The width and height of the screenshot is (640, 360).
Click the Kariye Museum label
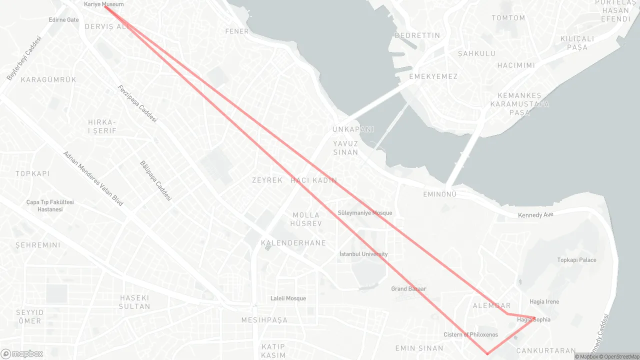[x=103, y=4]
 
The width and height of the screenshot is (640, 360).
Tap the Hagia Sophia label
[x=533, y=319]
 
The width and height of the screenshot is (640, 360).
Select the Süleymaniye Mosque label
[x=365, y=213]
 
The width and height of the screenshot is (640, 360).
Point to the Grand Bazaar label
[x=408, y=289]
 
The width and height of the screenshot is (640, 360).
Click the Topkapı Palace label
[x=576, y=260]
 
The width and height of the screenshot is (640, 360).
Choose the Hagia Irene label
[x=544, y=302]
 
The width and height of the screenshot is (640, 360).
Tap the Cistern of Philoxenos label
[x=470, y=334]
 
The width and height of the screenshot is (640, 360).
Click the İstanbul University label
[x=363, y=254]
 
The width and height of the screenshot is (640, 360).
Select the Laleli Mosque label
[x=288, y=298]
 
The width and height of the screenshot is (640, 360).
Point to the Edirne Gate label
[x=64, y=20]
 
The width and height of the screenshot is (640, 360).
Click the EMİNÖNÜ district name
[x=439, y=194]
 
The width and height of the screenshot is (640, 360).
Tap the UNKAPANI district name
[x=353, y=129]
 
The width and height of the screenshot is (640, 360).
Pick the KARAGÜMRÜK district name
[x=48, y=79]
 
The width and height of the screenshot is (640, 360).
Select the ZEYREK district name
[x=267, y=180]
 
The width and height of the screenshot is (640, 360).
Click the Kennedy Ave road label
[x=535, y=215]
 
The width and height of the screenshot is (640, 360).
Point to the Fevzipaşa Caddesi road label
[x=137, y=104]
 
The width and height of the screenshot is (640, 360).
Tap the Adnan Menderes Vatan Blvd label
[x=93, y=178]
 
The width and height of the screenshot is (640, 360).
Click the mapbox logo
[x=22, y=353]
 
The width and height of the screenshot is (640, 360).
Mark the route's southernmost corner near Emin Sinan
[x=487, y=354]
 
